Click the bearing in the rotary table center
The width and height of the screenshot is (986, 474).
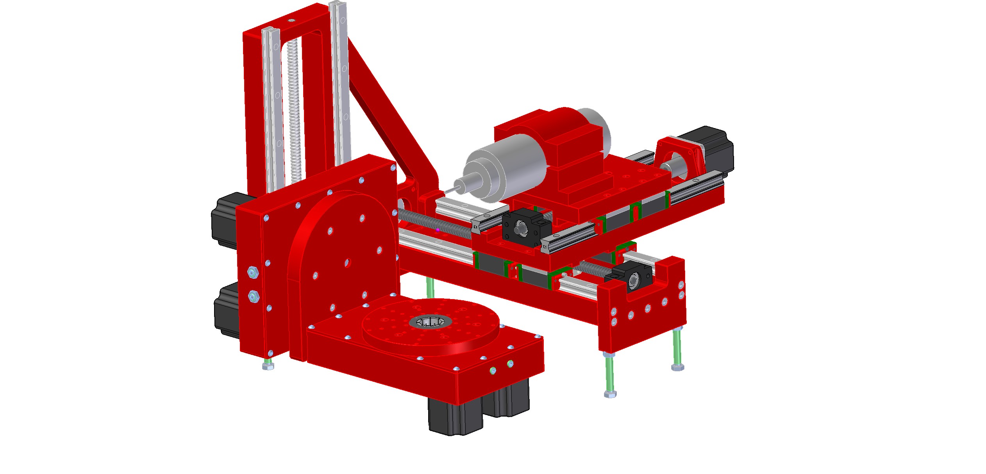pos(430,322)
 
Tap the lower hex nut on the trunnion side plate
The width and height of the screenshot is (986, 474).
pos(254,297)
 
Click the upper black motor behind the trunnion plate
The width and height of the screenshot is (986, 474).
pos(225,221)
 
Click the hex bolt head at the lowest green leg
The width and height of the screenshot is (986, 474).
pos(610,394)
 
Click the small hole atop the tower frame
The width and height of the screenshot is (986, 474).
pos(290,20)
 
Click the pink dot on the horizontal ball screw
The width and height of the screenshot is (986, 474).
pos(438,230)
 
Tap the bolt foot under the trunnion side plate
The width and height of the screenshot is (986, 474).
pos(268,366)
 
